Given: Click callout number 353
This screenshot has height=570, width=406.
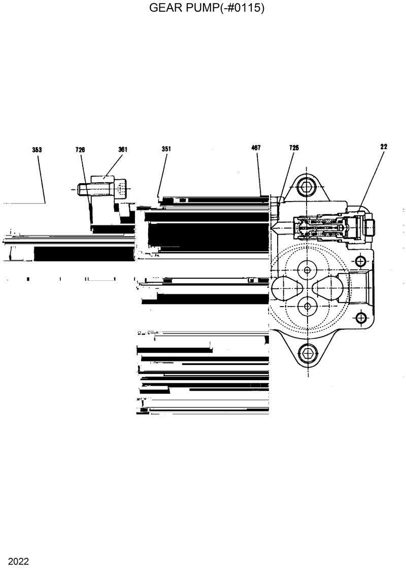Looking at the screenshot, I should [37, 150].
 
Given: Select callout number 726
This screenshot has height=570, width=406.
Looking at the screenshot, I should [80, 149].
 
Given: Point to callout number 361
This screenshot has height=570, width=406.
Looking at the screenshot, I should [123, 149].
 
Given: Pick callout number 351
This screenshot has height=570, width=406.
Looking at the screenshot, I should [166, 149].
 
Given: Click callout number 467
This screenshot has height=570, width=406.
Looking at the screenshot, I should [256, 148].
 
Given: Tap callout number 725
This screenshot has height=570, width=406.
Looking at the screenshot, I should [294, 148].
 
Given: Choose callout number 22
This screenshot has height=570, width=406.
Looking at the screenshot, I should [384, 147].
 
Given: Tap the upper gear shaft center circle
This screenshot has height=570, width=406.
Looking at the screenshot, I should [307, 269].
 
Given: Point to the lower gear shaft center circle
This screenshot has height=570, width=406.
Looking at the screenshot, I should [307, 306].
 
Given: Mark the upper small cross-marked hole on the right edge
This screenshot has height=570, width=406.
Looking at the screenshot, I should [360, 261].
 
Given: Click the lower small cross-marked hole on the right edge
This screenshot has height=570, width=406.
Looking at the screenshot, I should [360, 318].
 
